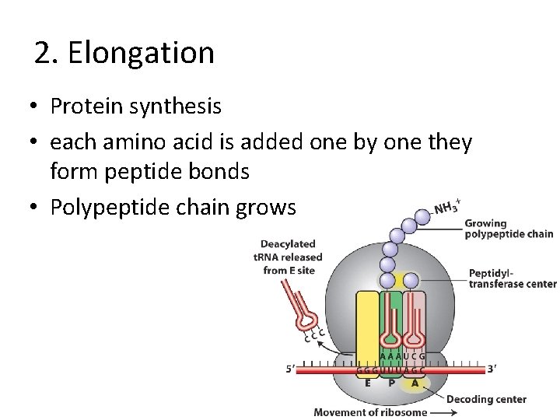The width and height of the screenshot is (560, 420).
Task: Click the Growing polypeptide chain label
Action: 508,229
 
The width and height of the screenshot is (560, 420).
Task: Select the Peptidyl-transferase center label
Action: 512,278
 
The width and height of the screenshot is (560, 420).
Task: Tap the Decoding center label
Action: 487,399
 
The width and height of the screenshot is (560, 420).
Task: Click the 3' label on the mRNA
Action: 492,369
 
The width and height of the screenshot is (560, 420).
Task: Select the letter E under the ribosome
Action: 367,382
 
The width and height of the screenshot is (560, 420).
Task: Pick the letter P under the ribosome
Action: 391,382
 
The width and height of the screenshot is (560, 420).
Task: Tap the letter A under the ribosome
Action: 415,382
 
